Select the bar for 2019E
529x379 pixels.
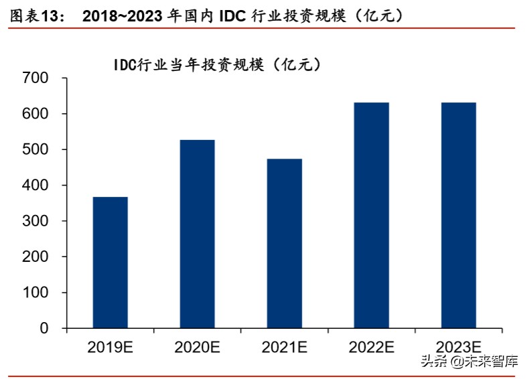pyautogui.click(x=110, y=262)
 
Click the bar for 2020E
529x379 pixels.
pyautogui.click(x=197, y=234)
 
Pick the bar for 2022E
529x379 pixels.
pyautogui.click(x=371, y=215)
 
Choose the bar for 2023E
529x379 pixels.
pyautogui.click(x=459, y=215)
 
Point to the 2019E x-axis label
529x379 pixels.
pyautogui.click(x=110, y=347)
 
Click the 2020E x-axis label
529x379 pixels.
pyautogui.click(x=197, y=347)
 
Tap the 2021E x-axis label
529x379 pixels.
pyautogui.click(x=284, y=347)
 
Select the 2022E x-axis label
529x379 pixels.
pyautogui.click(x=371, y=347)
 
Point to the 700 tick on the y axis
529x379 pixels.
pyautogui.click(x=35, y=78)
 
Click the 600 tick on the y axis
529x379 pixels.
pyautogui.click(x=35, y=114)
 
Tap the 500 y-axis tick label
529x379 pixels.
pyautogui.click(x=35, y=149)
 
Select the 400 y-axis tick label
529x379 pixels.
pyautogui.click(x=35, y=185)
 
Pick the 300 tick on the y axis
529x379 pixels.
pyautogui.click(x=35, y=221)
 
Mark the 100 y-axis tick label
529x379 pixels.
pyautogui.click(x=35, y=293)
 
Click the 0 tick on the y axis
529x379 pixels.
pyautogui.click(x=44, y=328)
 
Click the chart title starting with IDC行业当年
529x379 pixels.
pyautogui.click(x=217, y=64)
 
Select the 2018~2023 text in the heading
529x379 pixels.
pyautogui.click(x=124, y=15)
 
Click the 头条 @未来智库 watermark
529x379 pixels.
pyautogui.click(x=469, y=362)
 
